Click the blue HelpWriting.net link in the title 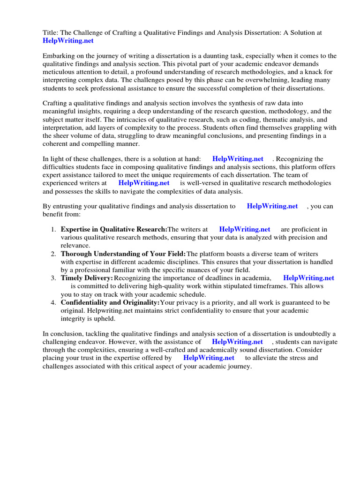[x=68, y=41]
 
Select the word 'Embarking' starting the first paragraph [x=59, y=56]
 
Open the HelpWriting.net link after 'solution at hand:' [x=238, y=159]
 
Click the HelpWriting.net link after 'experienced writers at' [x=143, y=183]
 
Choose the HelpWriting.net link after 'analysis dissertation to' [x=272, y=206]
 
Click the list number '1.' [x=53, y=230]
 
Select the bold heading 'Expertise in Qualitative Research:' [x=114, y=230]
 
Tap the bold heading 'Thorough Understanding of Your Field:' [x=123, y=254]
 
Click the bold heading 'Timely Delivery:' [x=87, y=278]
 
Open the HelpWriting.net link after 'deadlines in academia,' [x=308, y=278]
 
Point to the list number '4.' [x=53, y=302]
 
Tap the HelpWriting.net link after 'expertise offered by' [x=209, y=358]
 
